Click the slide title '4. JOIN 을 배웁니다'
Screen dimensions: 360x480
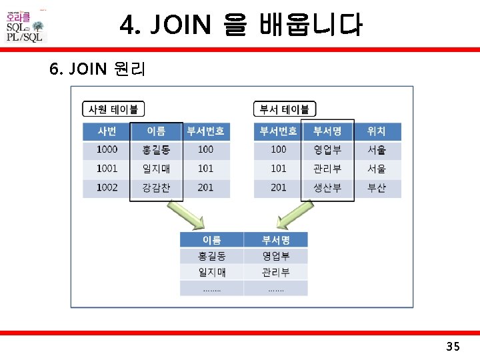click(x=241, y=26)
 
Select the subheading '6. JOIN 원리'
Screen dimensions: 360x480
click(x=97, y=69)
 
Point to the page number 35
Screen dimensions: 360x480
click(x=453, y=346)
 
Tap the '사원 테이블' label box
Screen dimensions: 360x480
click(x=114, y=109)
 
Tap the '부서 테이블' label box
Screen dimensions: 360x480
click(x=285, y=109)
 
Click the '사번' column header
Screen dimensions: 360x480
click(x=107, y=131)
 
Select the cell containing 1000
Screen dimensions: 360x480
click(x=107, y=150)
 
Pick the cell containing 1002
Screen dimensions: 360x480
click(x=107, y=188)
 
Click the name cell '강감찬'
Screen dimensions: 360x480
click(x=156, y=188)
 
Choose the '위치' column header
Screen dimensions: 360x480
click(x=377, y=131)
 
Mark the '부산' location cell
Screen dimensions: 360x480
click(x=377, y=188)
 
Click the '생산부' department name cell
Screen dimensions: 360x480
click(x=327, y=188)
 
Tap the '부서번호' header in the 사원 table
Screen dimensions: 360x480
click(x=205, y=131)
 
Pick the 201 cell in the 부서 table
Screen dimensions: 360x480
click(x=279, y=188)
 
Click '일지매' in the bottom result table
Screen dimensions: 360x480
click(x=211, y=272)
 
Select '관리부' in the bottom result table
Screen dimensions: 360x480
click(x=275, y=272)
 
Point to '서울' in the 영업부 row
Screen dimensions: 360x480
click(x=377, y=150)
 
